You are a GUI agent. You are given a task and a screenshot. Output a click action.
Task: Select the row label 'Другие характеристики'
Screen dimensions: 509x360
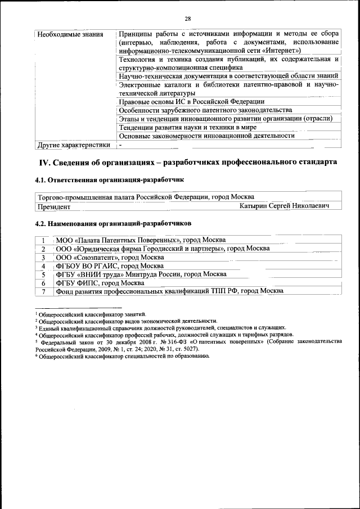pos(73,145)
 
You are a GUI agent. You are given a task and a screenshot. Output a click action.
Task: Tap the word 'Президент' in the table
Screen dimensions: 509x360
pos(54,206)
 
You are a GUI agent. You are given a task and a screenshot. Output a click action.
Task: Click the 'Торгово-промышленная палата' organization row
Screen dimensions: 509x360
pos(145,197)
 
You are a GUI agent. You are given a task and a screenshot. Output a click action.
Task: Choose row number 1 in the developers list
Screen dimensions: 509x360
pos(43,240)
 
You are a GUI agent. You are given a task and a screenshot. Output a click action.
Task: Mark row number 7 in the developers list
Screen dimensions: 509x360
pos(43,291)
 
